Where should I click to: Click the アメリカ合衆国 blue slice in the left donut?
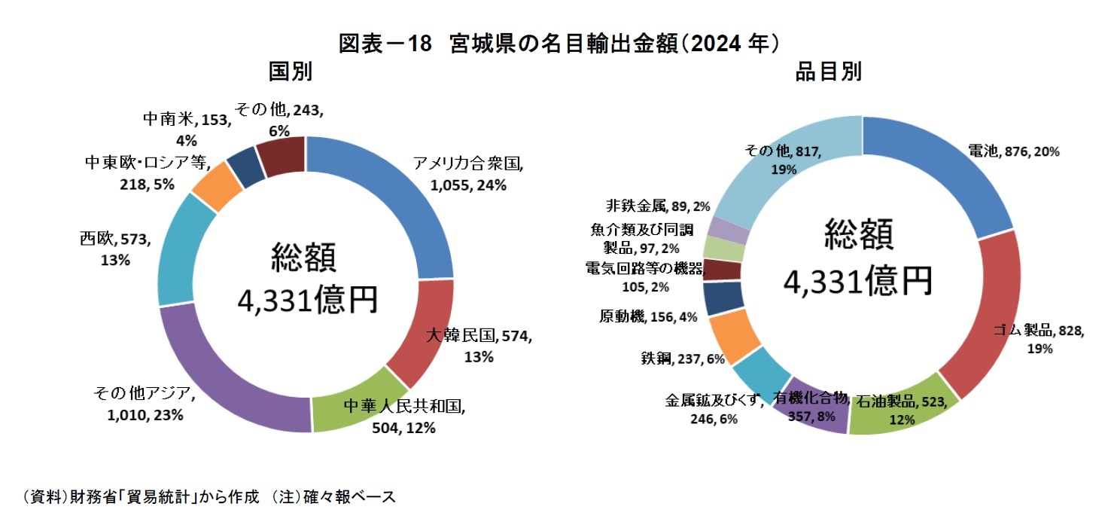pos(399,196)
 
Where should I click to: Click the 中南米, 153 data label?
pos(186,128)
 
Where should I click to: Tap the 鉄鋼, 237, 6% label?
pos(683,359)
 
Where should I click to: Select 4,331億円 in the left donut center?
pos(307,301)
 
